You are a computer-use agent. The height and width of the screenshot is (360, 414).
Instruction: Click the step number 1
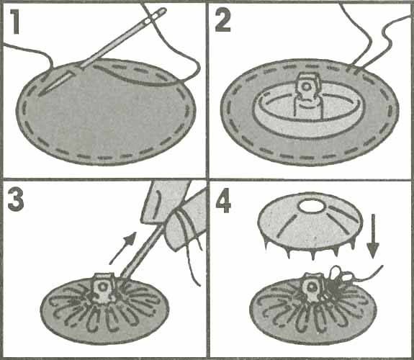click(x=15, y=22)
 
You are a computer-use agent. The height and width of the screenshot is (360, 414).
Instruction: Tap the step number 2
click(x=223, y=20)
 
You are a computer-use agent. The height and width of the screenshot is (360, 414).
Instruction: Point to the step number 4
click(x=223, y=201)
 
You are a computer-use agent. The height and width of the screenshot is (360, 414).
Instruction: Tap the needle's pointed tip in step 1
click(x=40, y=95)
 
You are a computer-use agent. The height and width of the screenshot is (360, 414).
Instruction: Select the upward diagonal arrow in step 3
click(x=123, y=248)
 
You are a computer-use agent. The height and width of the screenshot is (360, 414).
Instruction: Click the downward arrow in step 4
click(x=373, y=236)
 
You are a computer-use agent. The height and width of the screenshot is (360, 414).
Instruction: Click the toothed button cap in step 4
click(x=310, y=226)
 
